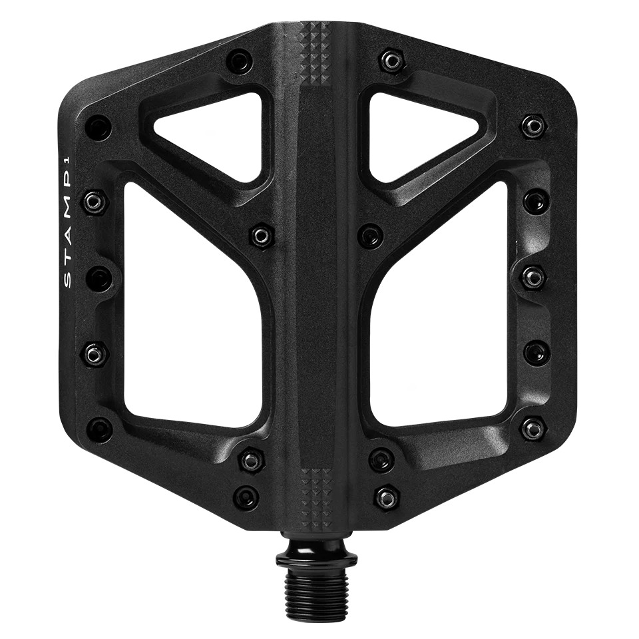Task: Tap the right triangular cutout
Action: [x=426, y=133]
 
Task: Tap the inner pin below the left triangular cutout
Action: [x=261, y=234]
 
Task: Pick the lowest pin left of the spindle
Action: [x=248, y=495]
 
